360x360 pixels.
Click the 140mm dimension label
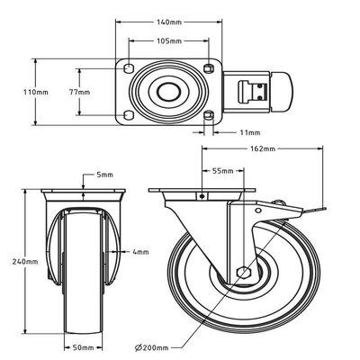(x=169, y=22)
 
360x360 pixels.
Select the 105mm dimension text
(x=169, y=40)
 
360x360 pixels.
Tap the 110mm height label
(x=36, y=92)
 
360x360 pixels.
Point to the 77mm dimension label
(x=79, y=92)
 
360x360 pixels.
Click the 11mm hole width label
(x=250, y=132)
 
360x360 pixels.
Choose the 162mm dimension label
(x=263, y=148)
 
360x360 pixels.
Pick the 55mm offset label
(x=223, y=171)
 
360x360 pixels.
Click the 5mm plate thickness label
(x=104, y=175)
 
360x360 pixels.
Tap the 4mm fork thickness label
(x=140, y=252)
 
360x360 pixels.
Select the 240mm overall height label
(x=25, y=262)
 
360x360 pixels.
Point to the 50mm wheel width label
(x=84, y=347)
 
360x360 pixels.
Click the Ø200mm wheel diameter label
(x=152, y=347)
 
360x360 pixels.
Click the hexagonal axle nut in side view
(x=243, y=272)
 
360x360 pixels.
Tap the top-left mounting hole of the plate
(x=129, y=68)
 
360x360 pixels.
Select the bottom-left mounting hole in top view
(x=129, y=115)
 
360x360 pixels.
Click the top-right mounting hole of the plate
(x=208, y=68)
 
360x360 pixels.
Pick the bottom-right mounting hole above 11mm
(x=208, y=115)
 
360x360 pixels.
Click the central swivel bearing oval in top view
(x=169, y=92)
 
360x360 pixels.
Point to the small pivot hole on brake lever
(x=257, y=211)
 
